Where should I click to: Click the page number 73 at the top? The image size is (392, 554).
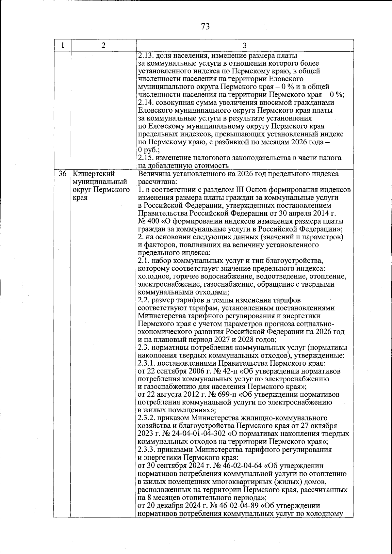click(x=205, y=26)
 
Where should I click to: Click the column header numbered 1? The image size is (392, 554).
click(x=62, y=45)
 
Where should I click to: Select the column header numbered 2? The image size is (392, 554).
click(x=103, y=45)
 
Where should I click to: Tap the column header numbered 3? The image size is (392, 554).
click(x=245, y=45)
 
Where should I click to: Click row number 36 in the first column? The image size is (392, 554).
click(x=62, y=174)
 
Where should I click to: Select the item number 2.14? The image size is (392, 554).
click(x=145, y=103)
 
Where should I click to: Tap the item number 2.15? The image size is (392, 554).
click(x=145, y=158)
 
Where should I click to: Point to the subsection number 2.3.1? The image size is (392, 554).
click(x=147, y=363)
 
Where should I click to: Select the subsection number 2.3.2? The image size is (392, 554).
click(x=147, y=419)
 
